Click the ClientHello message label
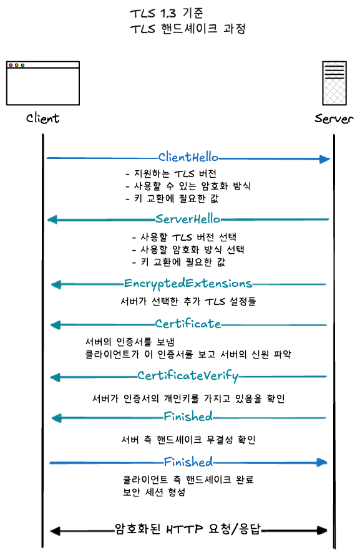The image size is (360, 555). [x=188, y=157]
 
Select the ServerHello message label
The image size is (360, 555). [x=188, y=219]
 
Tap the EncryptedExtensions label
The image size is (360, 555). [x=188, y=284]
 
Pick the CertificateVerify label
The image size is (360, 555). [x=188, y=375]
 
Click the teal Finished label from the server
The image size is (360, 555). [x=188, y=417]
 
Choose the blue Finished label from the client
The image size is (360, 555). [x=188, y=461]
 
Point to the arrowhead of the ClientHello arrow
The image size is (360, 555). [x=324, y=159]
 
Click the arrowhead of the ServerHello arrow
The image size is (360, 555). [x=52, y=220]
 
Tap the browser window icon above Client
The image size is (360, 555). [x=43, y=83]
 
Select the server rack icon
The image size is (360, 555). [x=334, y=83]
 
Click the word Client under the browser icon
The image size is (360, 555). [x=42, y=118]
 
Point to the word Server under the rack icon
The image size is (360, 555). [x=334, y=118]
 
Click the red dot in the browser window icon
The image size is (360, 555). [x=11, y=65]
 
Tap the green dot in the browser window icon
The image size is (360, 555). [x=22, y=65]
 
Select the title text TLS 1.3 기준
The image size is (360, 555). [x=167, y=13]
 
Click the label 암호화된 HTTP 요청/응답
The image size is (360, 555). [x=188, y=529]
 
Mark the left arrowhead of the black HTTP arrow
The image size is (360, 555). [x=55, y=531]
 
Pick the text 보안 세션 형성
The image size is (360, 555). [x=154, y=492]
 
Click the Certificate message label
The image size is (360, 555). [x=188, y=324]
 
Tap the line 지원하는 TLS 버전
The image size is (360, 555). [x=172, y=173]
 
